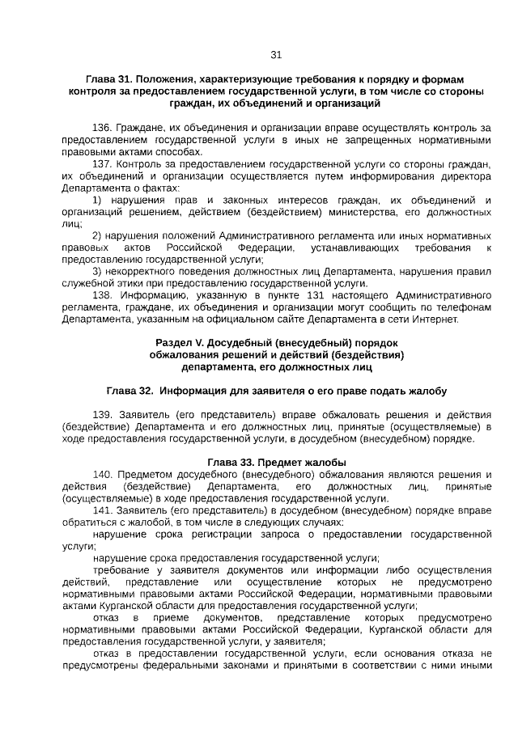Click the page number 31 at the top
tap(275, 55)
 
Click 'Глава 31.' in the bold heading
tap(108, 79)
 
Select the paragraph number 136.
tap(102, 128)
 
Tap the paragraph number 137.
tap(102, 163)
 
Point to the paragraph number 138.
tap(102, 295)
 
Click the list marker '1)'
tap(97, 200)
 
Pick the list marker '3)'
tap(97, 271)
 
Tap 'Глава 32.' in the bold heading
tap(129, 391)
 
